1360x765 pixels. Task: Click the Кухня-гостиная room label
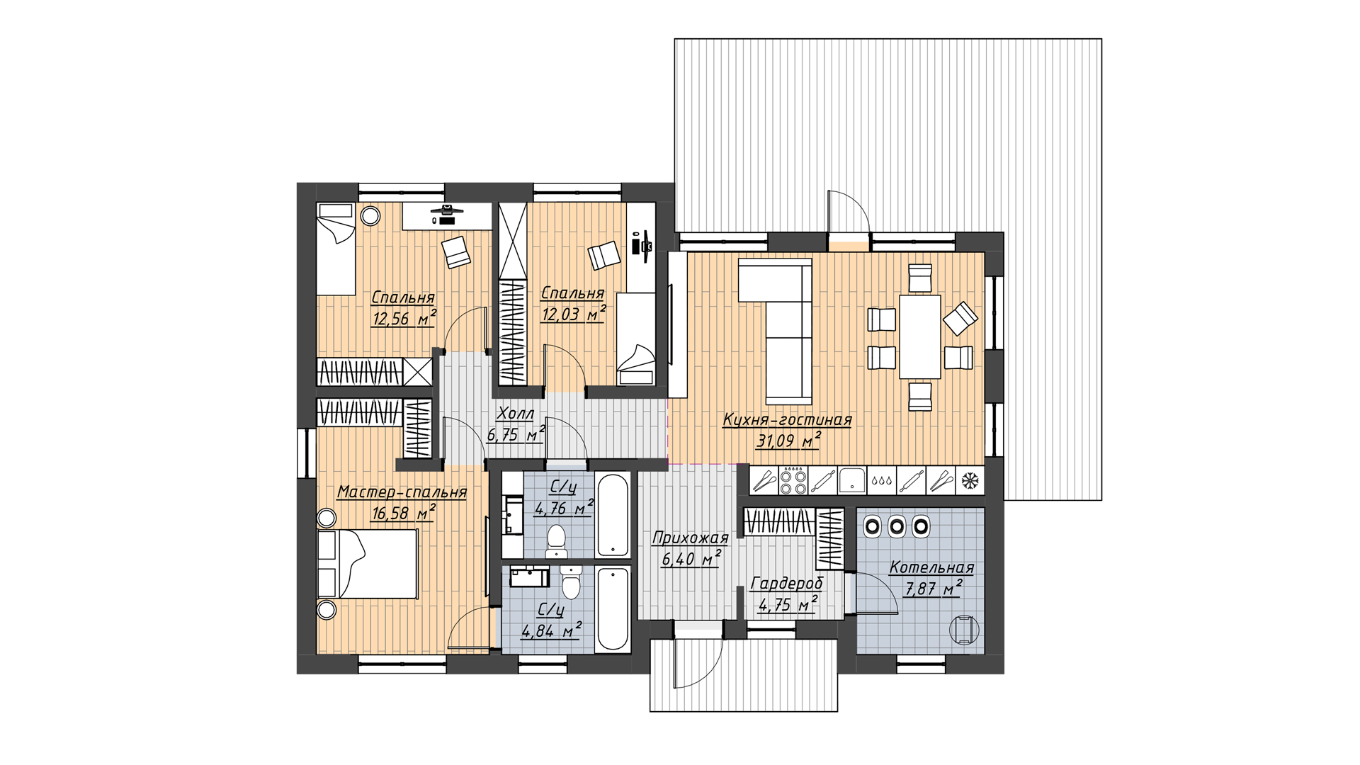787,420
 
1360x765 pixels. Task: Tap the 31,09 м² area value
788,441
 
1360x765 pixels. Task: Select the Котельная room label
931,568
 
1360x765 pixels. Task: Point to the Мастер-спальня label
402,492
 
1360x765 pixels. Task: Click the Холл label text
515,414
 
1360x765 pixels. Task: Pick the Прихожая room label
690,538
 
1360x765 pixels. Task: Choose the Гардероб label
787,584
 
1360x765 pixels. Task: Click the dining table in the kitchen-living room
920,337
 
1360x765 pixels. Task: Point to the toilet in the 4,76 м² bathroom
557,540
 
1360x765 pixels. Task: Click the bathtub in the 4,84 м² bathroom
613,608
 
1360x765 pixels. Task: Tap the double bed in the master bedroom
368,565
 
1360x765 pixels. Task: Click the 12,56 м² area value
404,318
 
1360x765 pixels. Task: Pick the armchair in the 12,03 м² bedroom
604,256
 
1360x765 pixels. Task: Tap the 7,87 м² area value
934,589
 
